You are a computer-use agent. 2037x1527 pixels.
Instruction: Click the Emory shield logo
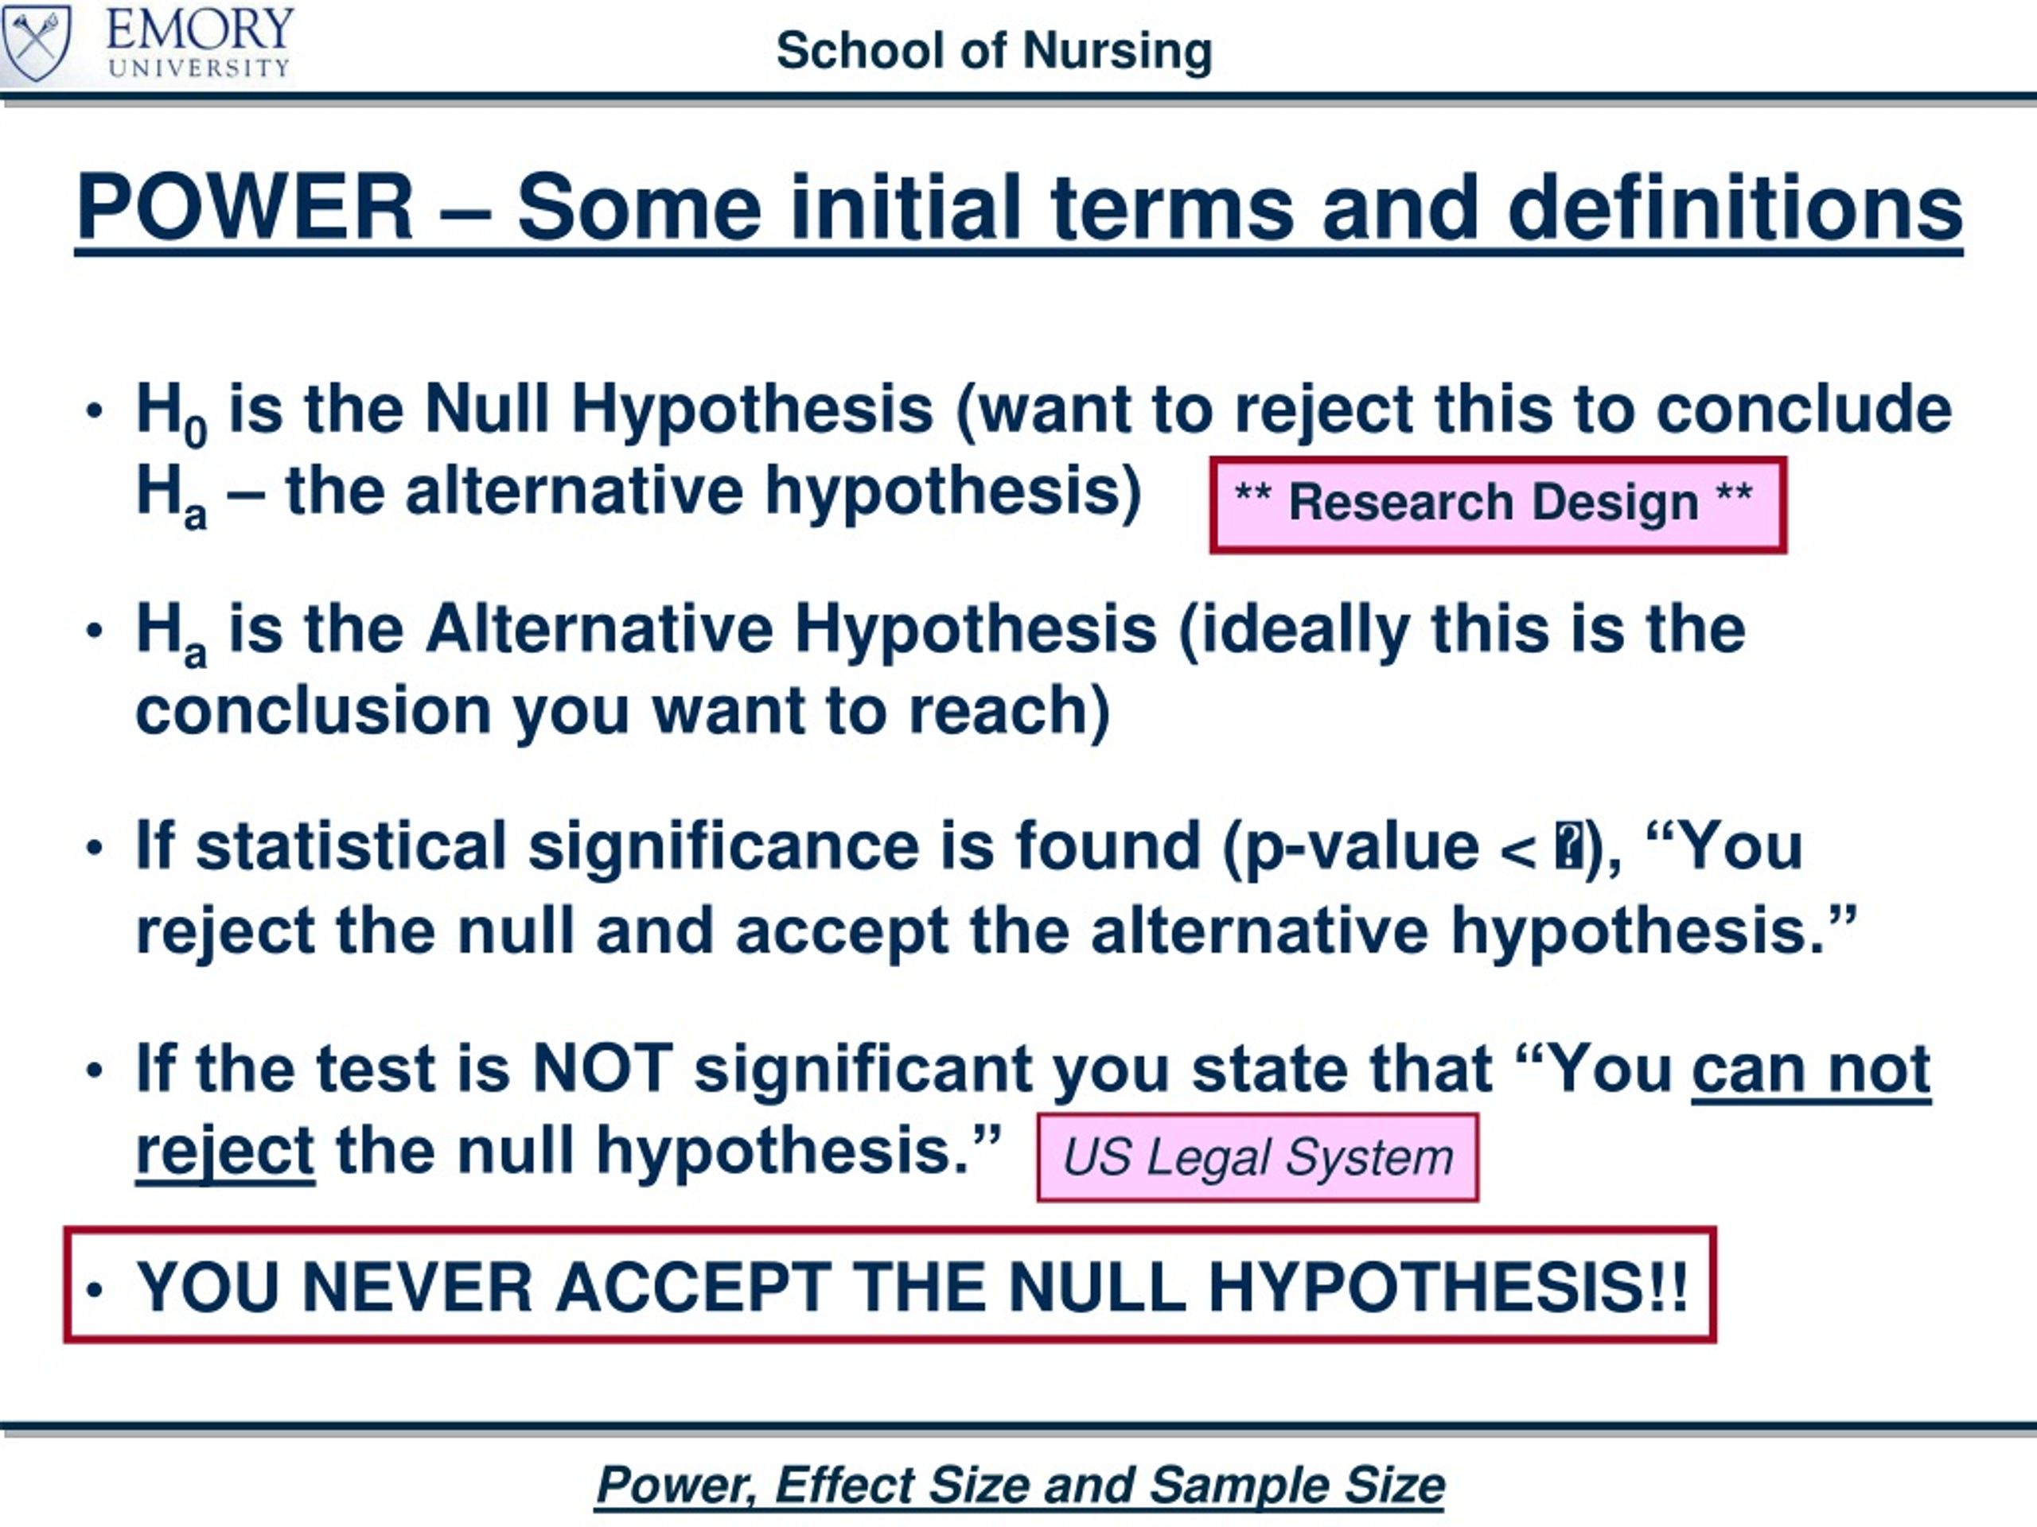point(36,42)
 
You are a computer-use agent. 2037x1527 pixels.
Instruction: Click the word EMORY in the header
point(200,29)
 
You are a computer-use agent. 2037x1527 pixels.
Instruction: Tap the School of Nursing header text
point(994,51)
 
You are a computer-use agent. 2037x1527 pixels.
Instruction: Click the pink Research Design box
point(1498,504)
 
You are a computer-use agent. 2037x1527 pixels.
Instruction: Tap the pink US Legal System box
point(1258,1157)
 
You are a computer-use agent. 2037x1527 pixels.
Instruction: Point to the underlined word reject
point(226,1153)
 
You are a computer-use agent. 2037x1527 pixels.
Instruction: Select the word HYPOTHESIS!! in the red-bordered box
point(1447,1287)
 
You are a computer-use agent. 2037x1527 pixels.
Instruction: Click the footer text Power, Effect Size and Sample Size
point(1020,1485)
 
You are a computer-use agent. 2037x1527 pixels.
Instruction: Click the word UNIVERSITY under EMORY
point(199,68)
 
